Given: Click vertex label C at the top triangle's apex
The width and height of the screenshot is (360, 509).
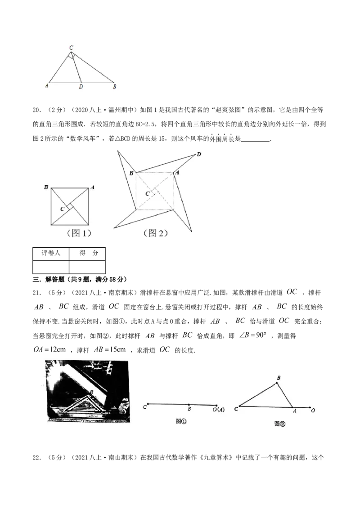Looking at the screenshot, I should (x=71, y=47).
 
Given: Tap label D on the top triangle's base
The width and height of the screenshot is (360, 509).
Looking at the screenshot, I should (x=81, y=87).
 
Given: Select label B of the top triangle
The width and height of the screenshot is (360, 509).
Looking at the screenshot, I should (x=115, y=87).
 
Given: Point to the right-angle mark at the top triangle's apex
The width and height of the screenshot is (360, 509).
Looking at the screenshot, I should (x=72, y=56).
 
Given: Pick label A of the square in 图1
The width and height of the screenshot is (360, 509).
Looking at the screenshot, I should (x=92, y=187).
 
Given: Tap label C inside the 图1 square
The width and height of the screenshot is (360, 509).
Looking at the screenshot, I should (x=63, y=209).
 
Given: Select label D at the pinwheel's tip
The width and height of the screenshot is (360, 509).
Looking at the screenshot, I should (x=199, y=155).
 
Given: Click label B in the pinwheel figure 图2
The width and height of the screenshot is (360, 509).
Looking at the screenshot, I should (x=131, y=173).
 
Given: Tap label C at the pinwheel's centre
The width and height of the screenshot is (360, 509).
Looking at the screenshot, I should (x=147, y=193).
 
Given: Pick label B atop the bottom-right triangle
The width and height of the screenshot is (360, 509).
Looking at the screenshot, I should (x=279, y=378).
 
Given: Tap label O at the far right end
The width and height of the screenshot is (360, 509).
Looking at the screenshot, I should (x=312, y=411).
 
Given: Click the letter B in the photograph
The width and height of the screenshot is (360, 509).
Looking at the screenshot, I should (x=92, y=392).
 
